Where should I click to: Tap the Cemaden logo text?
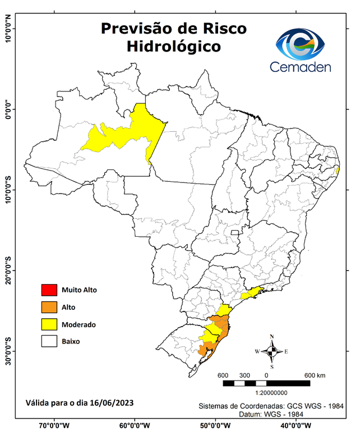tap(301, 67)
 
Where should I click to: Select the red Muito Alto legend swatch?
tap(49, 290)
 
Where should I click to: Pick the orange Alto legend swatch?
tap(49, 307)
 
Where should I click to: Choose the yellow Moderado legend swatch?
tap(49, 324)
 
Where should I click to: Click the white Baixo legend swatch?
tap(49, 341)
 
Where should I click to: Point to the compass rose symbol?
tap(271, 351)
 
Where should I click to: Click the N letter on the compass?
tap(272, 337)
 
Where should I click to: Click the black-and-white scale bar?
tap(266, 383)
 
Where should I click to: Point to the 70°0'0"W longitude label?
tap(54, 425)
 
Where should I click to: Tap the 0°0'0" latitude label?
tap(8, 109)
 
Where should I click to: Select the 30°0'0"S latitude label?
tap(8, 351)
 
